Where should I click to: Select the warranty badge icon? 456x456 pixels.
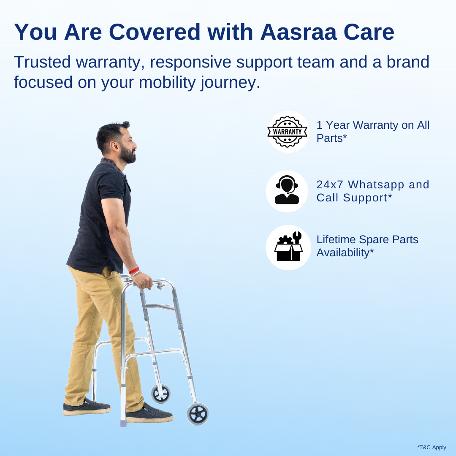tap(288, 132)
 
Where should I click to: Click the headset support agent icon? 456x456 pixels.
tap(287, 191)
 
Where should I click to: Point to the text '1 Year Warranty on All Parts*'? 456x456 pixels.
tap(372, 131)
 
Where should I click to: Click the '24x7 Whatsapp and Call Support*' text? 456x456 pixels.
tap(372, 191)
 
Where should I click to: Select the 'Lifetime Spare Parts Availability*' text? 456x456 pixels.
tap(367, 246)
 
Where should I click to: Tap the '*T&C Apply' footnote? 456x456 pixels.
tap(431, 448)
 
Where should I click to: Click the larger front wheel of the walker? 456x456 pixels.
tap(198, 413)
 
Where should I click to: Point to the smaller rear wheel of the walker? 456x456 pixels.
tap(161, 394)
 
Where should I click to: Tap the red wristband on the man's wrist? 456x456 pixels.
tap(134, 270)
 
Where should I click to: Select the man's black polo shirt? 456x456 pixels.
tap(101, 215)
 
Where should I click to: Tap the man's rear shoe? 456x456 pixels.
tap(87, 407)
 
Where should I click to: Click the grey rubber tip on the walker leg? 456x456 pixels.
tap(123, 422)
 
